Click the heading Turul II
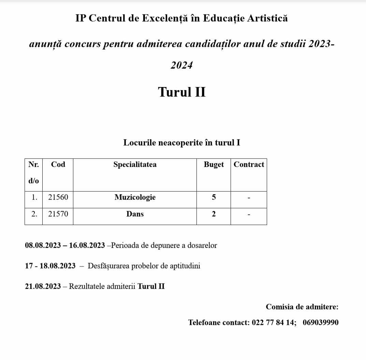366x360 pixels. coord(182,92)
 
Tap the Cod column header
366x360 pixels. coord(58,164)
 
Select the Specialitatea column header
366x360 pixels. coord(135,164)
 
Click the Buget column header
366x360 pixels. coord(214,164)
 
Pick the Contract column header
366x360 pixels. coord(249,164)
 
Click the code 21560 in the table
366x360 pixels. coord(58,197)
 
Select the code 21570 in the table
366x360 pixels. coord(58,214)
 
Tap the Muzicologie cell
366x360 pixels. coord(135,197)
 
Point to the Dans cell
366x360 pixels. coord(135,214)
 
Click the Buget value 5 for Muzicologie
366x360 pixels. coord(214,197)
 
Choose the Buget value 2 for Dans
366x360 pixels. coord(214,214)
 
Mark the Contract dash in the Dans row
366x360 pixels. coord(249,214)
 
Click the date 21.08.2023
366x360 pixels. coord(43,286)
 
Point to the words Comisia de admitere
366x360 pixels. coord(302,307)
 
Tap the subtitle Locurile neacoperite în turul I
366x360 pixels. coord(182,142)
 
